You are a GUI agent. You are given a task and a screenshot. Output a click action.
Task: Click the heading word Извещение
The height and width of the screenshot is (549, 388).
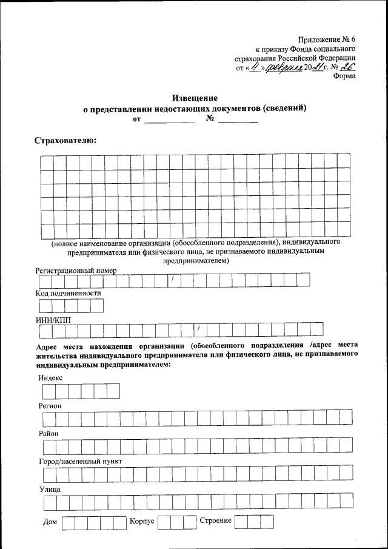coord(194,98)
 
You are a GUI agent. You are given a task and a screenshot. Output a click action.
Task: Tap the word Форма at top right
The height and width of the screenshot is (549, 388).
coord(344,76)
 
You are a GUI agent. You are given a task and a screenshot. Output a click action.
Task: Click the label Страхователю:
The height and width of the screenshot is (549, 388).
coord(65,141)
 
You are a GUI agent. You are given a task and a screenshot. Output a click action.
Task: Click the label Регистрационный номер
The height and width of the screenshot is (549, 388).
coord(75,270)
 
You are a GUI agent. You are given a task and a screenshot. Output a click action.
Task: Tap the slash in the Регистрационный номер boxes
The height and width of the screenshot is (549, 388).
coord(172,280)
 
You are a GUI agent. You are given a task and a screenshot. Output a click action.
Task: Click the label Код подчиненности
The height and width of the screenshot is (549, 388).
coord(68,293)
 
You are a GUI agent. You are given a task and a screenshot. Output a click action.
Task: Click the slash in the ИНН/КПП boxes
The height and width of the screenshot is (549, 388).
coord(198,330)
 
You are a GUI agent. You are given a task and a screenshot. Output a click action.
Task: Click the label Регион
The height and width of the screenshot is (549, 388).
coord(50,405)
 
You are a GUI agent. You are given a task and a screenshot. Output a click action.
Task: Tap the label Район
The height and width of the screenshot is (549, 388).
coord(49,434)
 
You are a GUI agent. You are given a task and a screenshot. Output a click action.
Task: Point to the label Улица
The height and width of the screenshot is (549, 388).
coord(49,489)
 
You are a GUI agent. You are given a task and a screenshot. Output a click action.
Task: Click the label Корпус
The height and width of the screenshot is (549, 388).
coord(142,521)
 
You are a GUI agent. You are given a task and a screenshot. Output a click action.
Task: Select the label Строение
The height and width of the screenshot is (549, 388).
coord(215,521)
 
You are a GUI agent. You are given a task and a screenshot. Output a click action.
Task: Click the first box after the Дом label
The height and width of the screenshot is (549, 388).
coord(68,522)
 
